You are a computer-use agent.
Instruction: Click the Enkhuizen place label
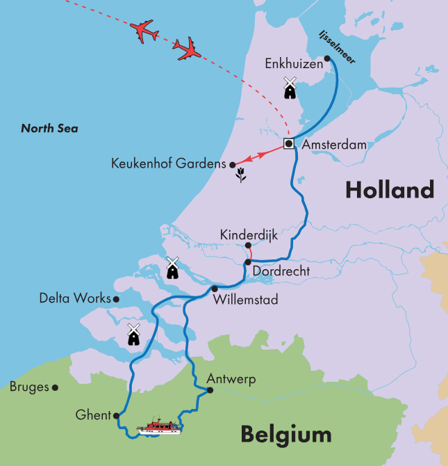coord(294,63)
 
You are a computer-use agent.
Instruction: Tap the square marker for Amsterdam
coord(288,144)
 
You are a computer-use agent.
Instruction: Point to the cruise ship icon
coord(159,426)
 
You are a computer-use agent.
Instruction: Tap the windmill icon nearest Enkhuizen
coord(290,88)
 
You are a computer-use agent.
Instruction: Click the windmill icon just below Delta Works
coord(133,334)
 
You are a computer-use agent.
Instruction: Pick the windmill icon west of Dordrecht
coord(173,268)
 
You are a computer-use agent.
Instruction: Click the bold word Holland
coord(390,189)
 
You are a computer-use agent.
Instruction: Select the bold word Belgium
coord(286,435)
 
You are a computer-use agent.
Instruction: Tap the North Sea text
coord(49,128)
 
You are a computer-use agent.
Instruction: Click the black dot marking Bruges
coord(55,387)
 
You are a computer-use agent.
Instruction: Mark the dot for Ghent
coord(116,415)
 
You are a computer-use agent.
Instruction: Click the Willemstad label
coord(247,300)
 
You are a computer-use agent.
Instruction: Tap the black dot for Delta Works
coord(116,299)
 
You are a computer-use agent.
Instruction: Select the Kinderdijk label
coord(248,235)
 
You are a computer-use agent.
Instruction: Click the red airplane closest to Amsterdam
coord(187,49)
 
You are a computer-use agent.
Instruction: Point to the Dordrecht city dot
coord(247,262)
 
